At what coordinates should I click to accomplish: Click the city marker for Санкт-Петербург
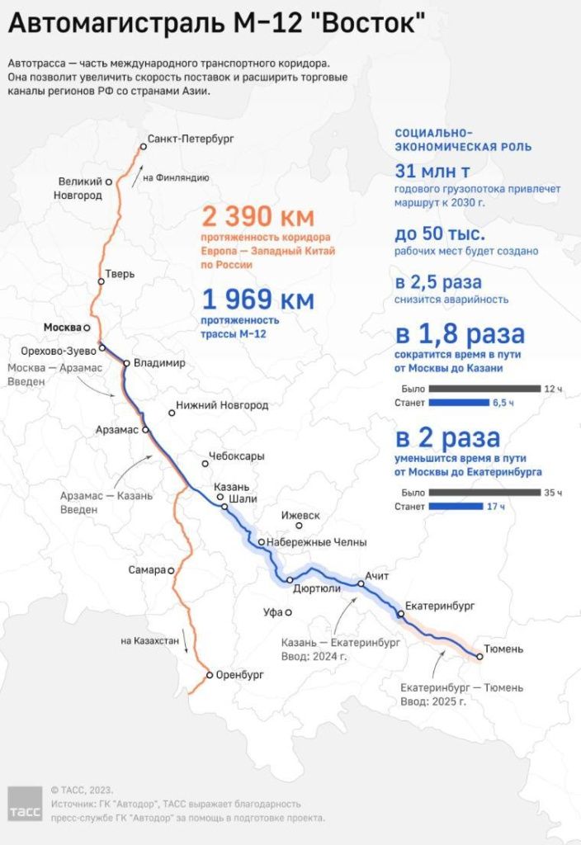click(x=143, y=146)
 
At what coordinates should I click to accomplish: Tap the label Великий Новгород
click(x=80, y=188)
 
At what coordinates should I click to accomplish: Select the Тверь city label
click(x=120, y=273)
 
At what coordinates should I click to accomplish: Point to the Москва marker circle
click(x=87, y=328)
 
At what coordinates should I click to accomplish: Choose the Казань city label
click(x=226, y=487)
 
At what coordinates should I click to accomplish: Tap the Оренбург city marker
click(x=210, y=674)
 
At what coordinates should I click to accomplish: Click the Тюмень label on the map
click(x=503, y=649)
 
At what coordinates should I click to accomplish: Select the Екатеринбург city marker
click(x=401, y=614)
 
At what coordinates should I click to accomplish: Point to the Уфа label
click(x=273, y=612)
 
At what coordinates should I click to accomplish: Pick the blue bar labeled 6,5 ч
click(x=459, y=403)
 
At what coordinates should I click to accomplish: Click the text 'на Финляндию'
click(x=176, y=177)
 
